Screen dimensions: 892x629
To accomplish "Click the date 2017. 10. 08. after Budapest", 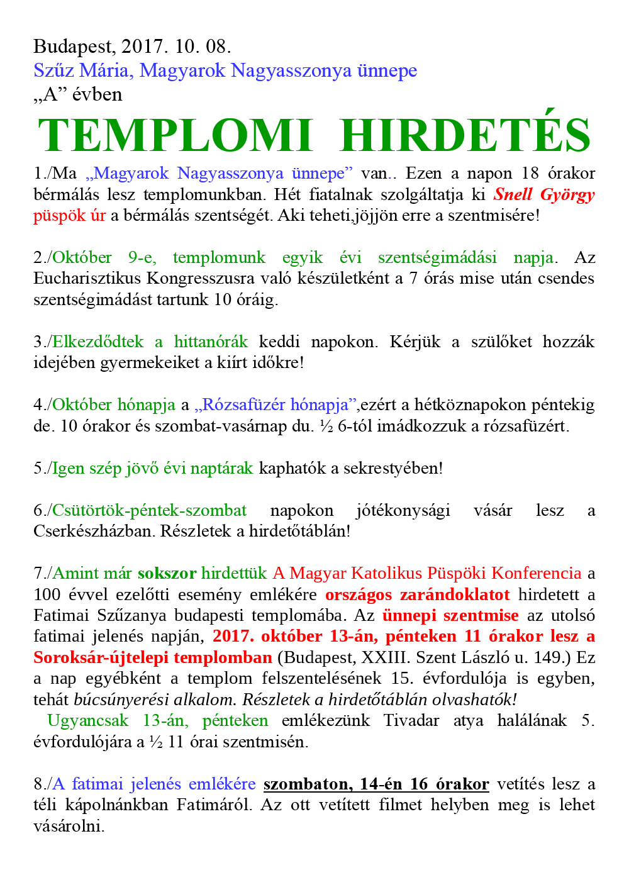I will (176, 47).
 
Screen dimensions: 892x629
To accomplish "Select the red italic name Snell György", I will (544, 194).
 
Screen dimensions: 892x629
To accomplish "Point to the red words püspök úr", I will (70, 216).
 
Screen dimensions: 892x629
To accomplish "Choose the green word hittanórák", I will (211, 342).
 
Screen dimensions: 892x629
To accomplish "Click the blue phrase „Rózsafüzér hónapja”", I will (276, 405).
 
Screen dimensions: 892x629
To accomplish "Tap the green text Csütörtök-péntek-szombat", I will (150, 511).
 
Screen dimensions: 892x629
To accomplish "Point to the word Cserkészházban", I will (94, 532).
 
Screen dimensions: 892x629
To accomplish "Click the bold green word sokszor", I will (167, 574).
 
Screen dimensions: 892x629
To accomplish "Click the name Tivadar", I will (411, 721).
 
